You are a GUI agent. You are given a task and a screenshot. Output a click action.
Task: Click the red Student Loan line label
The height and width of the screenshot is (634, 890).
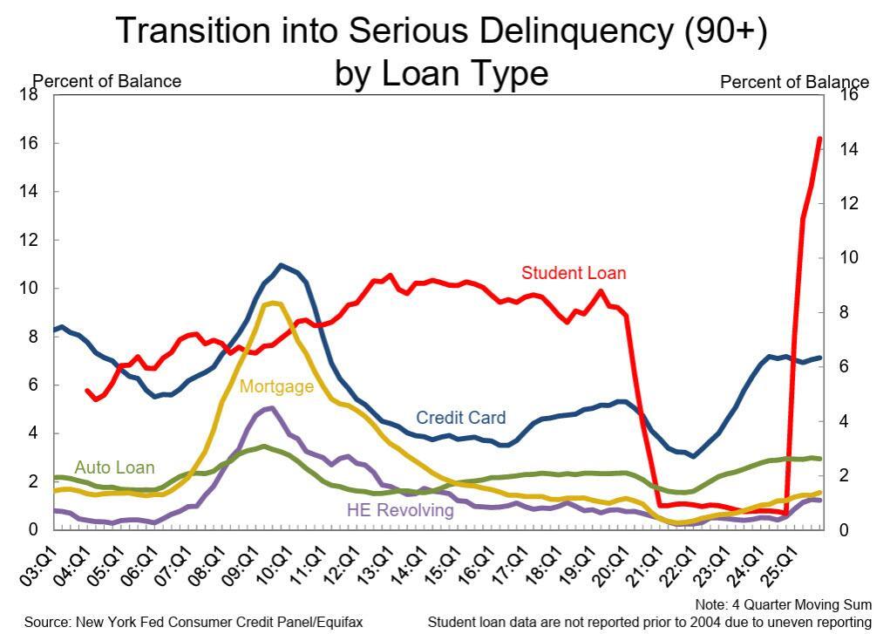[x=574, y=273]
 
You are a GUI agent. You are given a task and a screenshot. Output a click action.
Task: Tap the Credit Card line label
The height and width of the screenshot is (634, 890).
[x=460, y=418]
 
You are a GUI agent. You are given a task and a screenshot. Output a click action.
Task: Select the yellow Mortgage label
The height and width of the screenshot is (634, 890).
[x=276, y=386]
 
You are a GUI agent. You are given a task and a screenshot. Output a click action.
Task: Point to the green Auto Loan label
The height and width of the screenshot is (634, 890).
[x=114, y=468]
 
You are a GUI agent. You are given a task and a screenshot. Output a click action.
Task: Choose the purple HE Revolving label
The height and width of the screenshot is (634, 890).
[x=400, y=510]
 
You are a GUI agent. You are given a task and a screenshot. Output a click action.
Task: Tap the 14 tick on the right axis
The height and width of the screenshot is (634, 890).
[x=848, y=149]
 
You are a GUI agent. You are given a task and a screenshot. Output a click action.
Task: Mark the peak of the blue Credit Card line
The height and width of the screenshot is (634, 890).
[x=281, y=265]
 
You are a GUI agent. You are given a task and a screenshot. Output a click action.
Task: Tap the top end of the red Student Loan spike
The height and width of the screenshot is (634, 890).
[x=819, y=139]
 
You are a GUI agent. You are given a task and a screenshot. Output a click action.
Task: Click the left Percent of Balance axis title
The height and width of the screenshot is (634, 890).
[x=106, y=81]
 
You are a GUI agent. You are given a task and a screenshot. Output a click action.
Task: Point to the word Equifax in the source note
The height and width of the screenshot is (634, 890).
[x=334, y=622]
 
